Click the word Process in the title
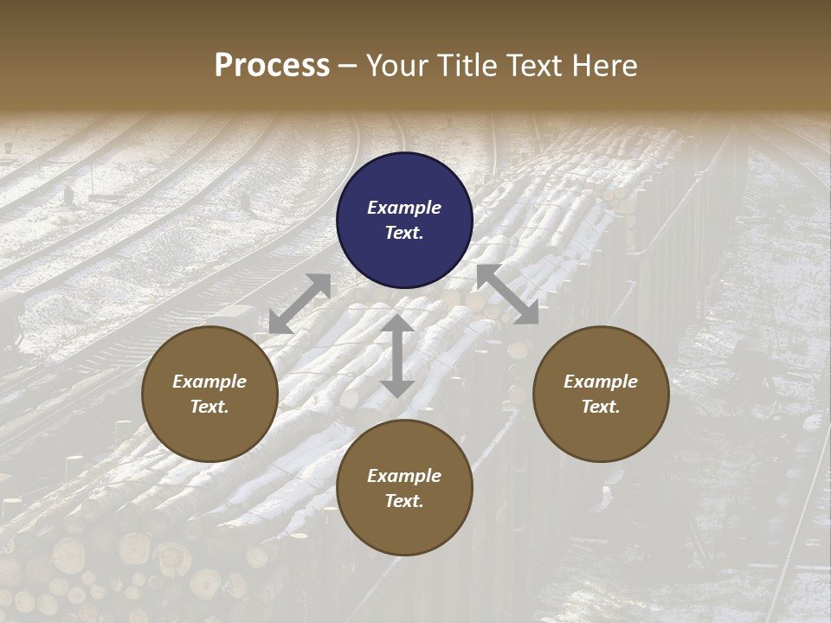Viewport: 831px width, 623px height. (x=272, y=66)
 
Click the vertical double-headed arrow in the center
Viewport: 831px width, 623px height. (x=396, y=356)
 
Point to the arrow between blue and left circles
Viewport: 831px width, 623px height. (x=300, y=304)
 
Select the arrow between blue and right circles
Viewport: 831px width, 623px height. (x=507, y=294)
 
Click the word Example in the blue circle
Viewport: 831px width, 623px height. (x=404, y=208)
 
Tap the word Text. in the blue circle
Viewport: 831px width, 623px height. (x=404, y=233)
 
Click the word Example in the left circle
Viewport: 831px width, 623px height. (x=209, y=382)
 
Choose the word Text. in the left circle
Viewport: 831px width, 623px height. (x=209, y=407)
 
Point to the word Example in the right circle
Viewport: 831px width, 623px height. (x=601, y=382)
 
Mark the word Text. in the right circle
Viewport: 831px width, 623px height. (x=601, y=407)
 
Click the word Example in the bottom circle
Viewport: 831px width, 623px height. (x=404, y=476)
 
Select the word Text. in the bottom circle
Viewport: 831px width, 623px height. (x=404, y=501)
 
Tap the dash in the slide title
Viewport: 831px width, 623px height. (x=348, y=67)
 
